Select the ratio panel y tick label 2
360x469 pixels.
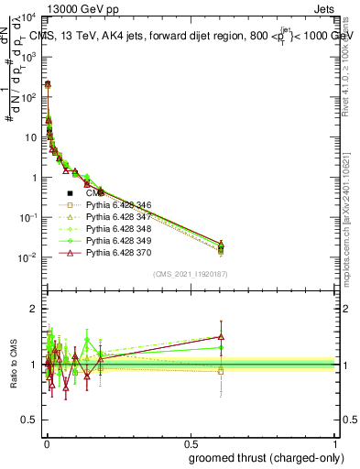point(38,309)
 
